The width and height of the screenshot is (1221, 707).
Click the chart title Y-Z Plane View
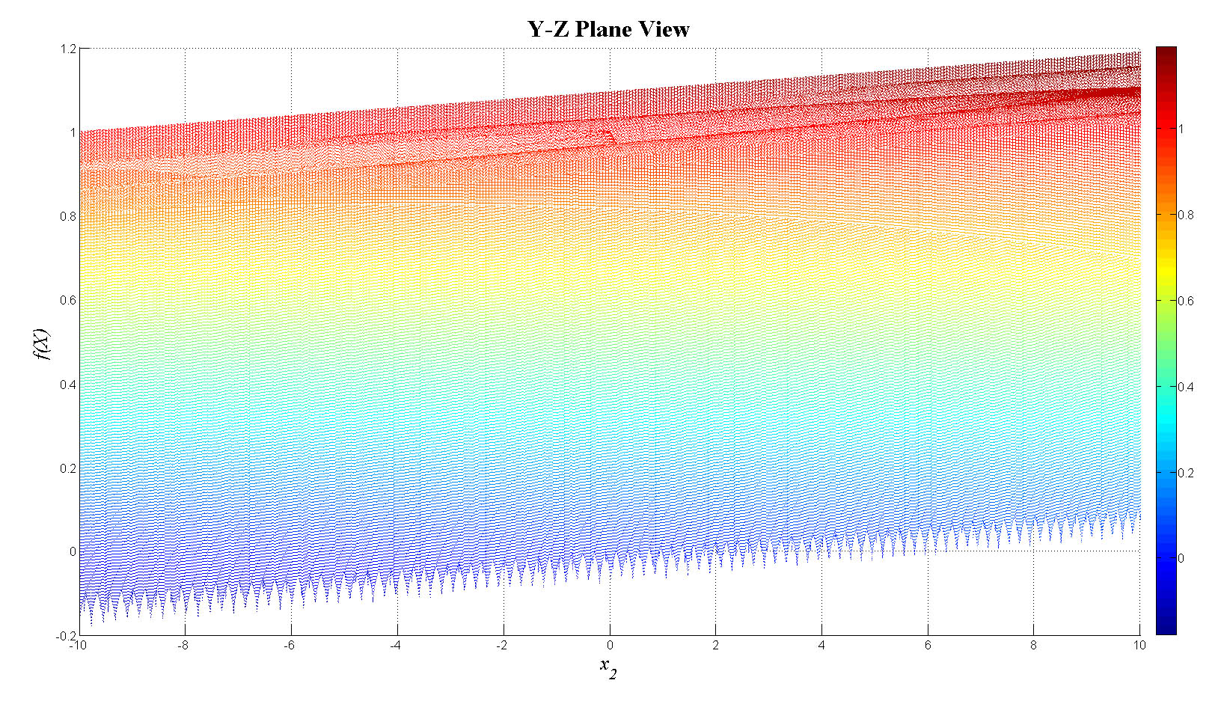click(608, 29)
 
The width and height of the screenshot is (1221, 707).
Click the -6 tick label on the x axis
click(289, 645)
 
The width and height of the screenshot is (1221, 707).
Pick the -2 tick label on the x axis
click(501, 645)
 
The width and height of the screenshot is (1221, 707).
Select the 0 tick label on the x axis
click(610, 645)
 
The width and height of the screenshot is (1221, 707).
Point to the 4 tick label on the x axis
click(821, 645)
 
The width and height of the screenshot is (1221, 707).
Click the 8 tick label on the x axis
click(1033, 645)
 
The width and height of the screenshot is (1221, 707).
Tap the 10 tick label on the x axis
click(1139, 645)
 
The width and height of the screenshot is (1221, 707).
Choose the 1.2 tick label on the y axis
click(68, 49)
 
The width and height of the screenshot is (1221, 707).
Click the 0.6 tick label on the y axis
click(68, 300)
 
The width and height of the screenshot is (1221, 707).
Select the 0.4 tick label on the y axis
click(68, 385)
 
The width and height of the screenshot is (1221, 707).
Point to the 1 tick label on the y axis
click(73, 132)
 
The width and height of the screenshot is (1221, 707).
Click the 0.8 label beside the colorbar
click(1186, 215)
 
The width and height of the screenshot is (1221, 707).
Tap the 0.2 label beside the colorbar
click(1186, 473)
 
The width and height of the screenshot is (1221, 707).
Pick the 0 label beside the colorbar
click(1181, 558)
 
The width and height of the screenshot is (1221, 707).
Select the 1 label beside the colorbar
click(1181, 129)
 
